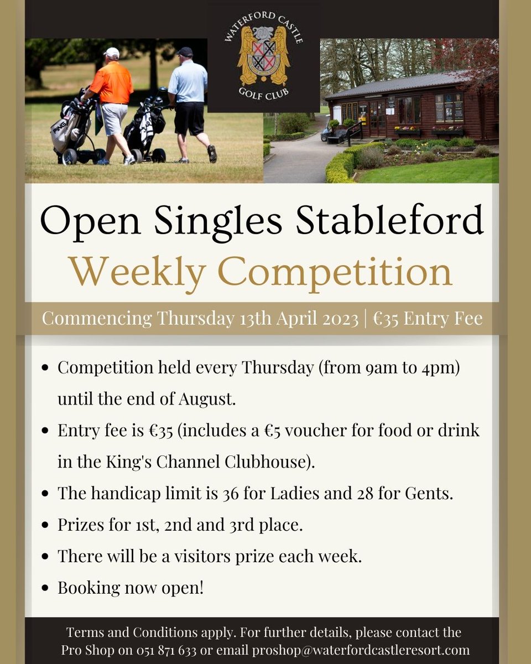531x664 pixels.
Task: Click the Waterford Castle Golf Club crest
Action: click(264, 62)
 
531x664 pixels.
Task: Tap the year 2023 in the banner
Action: click(340, 319)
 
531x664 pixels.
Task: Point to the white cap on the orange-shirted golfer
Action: click(112, 53)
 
